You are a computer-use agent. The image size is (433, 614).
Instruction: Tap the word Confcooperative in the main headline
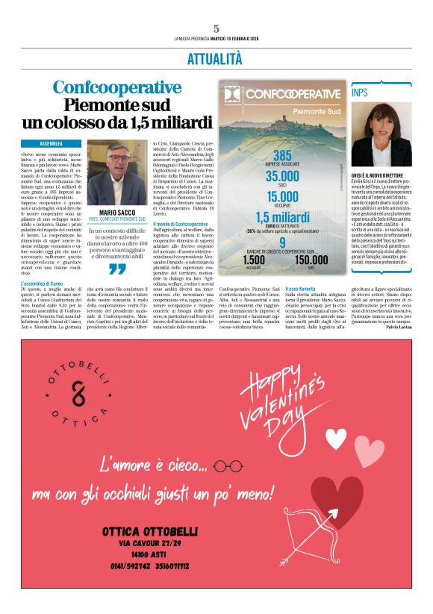116,87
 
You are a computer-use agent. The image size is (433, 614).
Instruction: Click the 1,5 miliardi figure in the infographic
282,218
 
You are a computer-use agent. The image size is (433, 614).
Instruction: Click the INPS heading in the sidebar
361,93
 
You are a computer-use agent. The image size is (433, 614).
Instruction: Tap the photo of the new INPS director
381,134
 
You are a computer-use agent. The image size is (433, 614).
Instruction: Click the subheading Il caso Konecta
301,288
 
